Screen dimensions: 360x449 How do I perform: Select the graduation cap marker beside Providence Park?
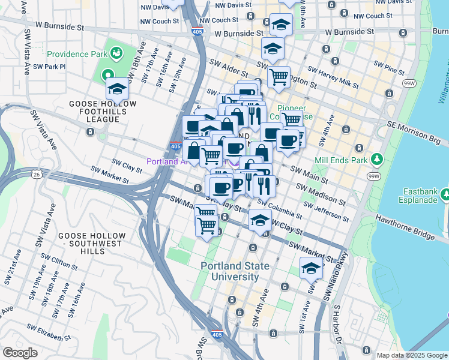pyautogui.click(x=117, y=89)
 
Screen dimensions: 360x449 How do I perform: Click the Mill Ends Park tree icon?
pyautogui.click(x=377, y=160)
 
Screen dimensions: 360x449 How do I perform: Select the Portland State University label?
pyautogui.click(x=230, y=271)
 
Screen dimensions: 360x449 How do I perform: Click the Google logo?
pyautogui.click(x=20, y=353)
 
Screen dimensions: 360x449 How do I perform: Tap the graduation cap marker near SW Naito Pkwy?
pyautogui.click(x=311, y=269)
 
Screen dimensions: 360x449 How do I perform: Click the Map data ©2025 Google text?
pyautogui.click(x=411, y=355)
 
